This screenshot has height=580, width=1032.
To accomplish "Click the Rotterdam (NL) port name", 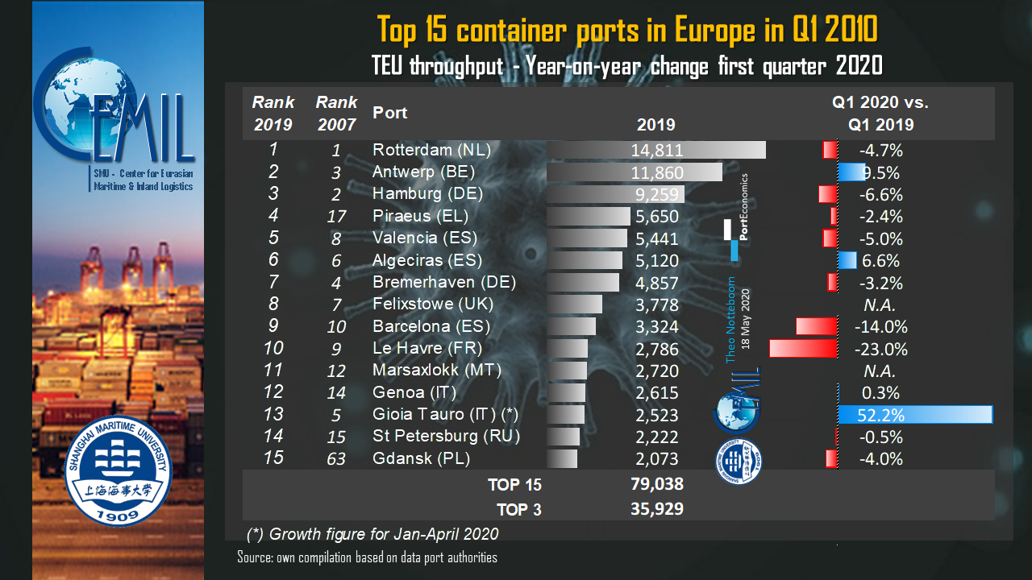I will [431, 150].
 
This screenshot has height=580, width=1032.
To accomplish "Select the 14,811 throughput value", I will [657, 150].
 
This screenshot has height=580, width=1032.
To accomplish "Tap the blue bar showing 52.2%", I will [914, 415].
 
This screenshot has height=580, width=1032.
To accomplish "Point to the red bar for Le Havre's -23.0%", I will [803, 349].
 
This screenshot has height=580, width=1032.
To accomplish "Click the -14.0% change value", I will [880, 327].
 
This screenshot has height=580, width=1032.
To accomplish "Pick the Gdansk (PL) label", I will [421, 459].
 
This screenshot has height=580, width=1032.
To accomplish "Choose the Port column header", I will [390, 113].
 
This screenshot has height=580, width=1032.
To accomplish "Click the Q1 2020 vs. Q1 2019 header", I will [880, 114].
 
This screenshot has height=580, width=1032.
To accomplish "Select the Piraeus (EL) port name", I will [420, 216].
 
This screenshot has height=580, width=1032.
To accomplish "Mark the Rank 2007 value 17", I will [336, 217].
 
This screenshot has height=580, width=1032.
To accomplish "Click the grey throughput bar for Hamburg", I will [614, 194].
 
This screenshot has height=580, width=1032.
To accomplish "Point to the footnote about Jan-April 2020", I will [372, 534].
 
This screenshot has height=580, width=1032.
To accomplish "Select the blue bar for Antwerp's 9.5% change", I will [851, 172].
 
